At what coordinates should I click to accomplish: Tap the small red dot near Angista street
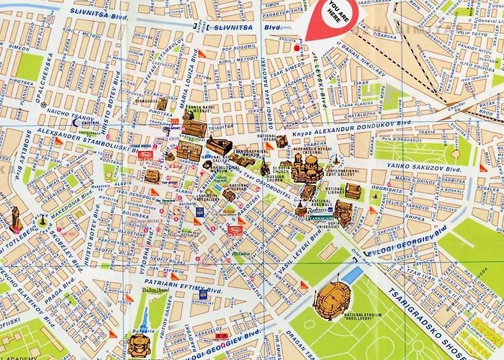[x=296, y=48]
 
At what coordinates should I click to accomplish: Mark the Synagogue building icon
[x=163, y=104]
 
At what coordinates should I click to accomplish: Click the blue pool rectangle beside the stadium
[x=352, y=274]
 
